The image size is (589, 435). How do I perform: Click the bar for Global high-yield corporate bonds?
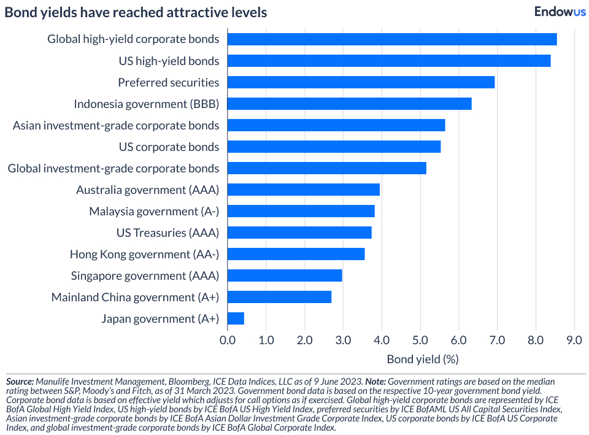[x=392, y=39]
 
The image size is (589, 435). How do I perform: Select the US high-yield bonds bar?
[x=389, y=61]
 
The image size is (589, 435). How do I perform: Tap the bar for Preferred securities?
[x=361, y=82]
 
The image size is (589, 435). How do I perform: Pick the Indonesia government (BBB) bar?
[x=350, y=104]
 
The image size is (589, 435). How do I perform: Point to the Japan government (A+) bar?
[x=236, y=318]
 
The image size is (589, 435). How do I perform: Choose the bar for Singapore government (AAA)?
[x=285, y=275]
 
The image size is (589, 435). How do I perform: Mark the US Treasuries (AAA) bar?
[x=299, y=233]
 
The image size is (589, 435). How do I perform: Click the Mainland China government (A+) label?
[x=135, y=297]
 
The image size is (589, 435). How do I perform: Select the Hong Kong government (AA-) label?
[x=144, y=254]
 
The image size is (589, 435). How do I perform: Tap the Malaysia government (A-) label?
[x=154, y=211]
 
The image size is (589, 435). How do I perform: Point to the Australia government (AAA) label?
[x=147, y=190]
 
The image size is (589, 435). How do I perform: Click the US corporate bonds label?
[x=169, y=147]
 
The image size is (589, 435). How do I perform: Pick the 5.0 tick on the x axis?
[x=420, y=340]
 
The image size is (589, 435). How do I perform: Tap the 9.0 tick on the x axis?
[x=574, y=340]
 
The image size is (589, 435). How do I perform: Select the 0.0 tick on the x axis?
[x=228, y=340]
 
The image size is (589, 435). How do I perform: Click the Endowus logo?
[x=560, y=12]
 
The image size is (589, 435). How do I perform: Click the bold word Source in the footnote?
[x=20, y=381]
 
